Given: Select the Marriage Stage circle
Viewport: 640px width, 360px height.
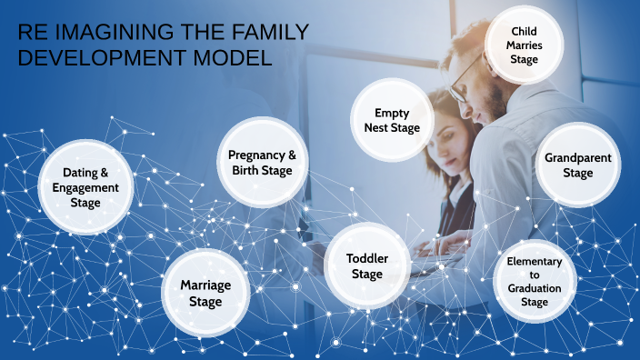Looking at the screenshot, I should [205, 293].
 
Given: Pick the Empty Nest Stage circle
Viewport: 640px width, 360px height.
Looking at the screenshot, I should [391, 120].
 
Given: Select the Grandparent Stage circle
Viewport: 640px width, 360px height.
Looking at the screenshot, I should [577, 165].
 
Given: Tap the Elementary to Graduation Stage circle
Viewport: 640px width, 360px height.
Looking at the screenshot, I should [535, 281].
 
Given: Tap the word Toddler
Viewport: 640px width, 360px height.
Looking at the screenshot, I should [367, 258].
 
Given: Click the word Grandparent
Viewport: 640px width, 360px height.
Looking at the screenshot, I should [577, 157].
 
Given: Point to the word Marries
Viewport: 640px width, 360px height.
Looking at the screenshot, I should [524, 45].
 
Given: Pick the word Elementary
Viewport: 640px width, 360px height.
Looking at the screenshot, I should [535, 262].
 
